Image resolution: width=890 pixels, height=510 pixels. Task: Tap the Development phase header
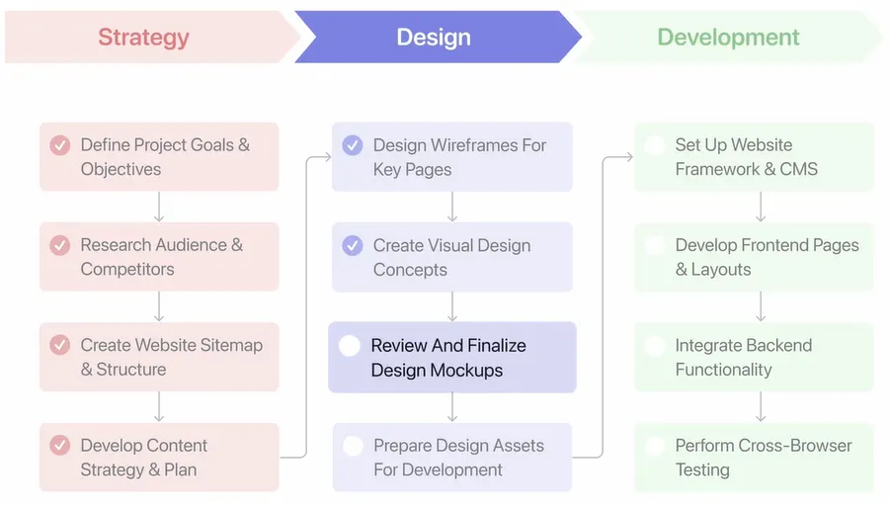[728, 37]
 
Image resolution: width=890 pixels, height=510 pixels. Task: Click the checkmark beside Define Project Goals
[59, 145]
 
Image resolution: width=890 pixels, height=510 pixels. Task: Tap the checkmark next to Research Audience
[59, 245]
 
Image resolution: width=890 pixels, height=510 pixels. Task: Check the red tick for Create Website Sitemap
[59, 345]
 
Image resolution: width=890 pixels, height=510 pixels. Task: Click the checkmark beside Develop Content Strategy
[59, 445]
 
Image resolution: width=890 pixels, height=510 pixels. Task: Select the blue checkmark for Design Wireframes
[353, 145]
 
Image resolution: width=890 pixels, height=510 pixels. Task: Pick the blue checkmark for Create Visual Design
[353, 245]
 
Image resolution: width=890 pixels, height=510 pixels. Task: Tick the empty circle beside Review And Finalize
[350, 345]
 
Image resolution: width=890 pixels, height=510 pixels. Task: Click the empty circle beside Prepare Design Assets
[353, 446]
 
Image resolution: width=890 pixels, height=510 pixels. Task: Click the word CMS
[798, 169]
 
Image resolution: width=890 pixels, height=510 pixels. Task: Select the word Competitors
[127, 269]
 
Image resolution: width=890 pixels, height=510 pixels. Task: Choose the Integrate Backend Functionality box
[754, 357]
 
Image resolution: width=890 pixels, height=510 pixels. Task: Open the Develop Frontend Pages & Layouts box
[754, 257]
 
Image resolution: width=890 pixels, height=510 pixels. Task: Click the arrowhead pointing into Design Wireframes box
[327, 157]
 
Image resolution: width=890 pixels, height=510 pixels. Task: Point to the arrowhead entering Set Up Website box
[628, 157]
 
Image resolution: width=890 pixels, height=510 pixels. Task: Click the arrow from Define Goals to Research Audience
[159, 207]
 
